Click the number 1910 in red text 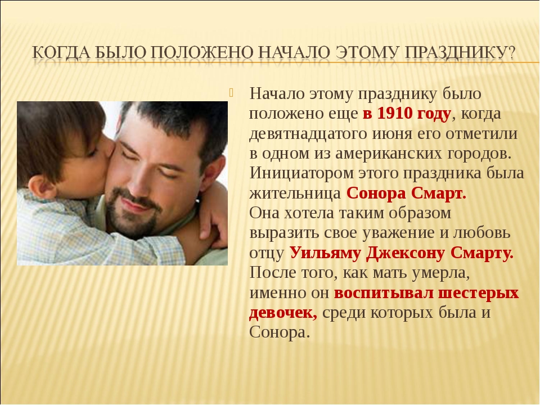pos(395,113)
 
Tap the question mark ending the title pos(511,53)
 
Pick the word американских pos(388,153)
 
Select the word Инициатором pos(301,173)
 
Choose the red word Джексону pos(406,253)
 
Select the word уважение pos(398,233)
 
